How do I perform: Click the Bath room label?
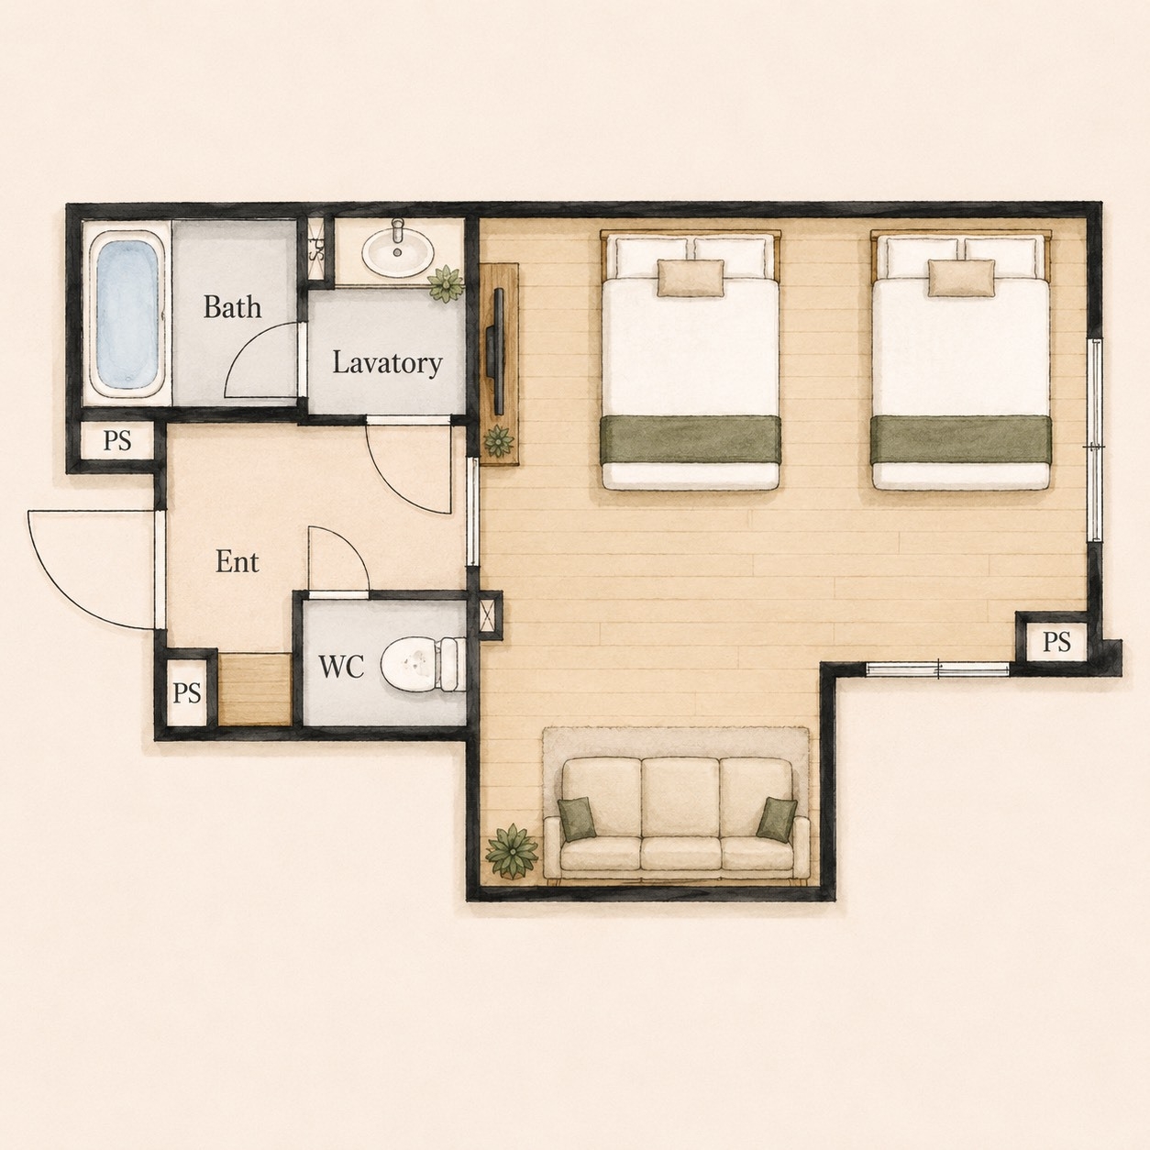(x=232, y=306)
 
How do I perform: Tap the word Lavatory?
(x=387, y=363)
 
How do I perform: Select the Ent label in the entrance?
(x=237, y=561)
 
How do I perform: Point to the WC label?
(x=341, y=666)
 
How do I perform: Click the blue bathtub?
(x=127, y=314)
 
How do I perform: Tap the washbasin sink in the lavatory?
(x=398, y=250)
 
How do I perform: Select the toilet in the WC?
(x=423, y=664)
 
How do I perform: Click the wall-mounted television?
(x=496, y=351)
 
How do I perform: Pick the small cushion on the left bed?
(x=691, y=278)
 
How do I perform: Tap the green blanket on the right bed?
(x=960, y=440)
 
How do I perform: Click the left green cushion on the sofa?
(x=577, y=819)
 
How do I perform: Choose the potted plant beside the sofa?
(x=512, y=852)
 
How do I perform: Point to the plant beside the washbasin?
(x=445, y=283)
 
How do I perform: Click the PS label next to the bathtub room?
(x=117, y=441)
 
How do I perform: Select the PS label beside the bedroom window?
(x=1056, y=642)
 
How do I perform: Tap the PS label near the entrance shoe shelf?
(x=187, y=693)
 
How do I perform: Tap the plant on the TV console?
(x=498, y=442)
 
